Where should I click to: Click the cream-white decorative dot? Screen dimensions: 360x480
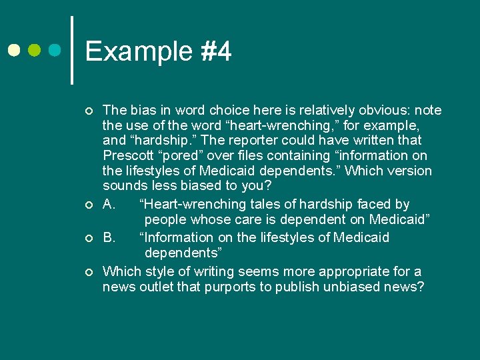[x=13, y=50]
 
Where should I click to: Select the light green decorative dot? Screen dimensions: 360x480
[x=35, y=50]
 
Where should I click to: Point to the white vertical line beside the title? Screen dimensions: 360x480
[x=71, y=50]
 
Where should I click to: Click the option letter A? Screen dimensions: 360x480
[x=109, y=204]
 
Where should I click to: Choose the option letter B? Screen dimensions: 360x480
[x=109, y=237]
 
